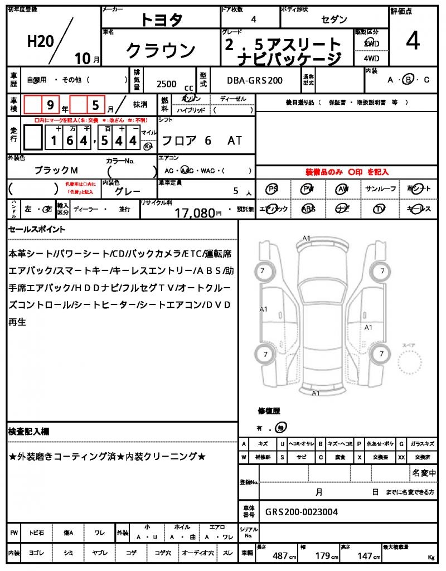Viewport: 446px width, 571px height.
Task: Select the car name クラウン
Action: (161, 51)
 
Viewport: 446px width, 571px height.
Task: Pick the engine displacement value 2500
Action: (167, 84)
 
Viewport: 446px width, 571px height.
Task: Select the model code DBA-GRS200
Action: (254, 80)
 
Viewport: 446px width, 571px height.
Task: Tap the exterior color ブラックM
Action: (56, 170)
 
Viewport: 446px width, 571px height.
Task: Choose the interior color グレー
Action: (127, 191)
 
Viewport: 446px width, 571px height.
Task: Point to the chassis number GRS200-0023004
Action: (301, 512)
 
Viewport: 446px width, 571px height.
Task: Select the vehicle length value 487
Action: (280, 556)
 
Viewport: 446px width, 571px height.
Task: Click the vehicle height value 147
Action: (365, 556)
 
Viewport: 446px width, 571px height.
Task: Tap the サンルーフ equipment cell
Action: (380, 189)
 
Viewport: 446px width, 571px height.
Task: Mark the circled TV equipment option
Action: (380, 209)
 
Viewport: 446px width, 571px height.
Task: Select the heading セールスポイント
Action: (37, 229)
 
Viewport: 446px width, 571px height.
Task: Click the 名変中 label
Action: (424, 473)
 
